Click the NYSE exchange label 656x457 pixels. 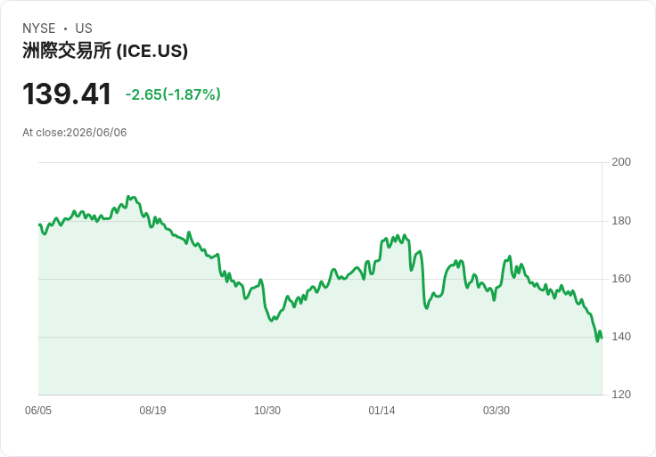39,29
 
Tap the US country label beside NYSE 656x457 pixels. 84,29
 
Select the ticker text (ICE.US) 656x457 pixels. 152,51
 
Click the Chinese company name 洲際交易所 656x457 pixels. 67,51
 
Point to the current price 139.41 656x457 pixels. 67,94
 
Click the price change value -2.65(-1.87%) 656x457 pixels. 173,94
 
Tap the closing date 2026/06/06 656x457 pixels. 96,133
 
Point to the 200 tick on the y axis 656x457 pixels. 621,162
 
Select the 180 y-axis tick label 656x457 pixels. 621,221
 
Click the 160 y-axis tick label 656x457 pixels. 621,279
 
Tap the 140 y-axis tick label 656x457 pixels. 621,337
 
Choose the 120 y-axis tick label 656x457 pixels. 621,395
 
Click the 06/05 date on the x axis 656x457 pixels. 38,411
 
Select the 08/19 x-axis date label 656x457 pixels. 152,411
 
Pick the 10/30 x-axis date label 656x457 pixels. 267,411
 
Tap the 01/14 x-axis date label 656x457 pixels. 381,411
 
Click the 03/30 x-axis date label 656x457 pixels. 496,411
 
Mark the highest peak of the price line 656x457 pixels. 128,196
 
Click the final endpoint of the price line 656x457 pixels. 602,338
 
